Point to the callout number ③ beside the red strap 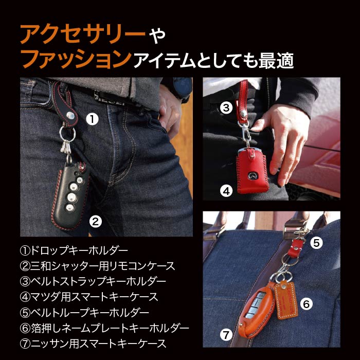pyautogui.click(x=226, y=107)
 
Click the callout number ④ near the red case pyautogui.click(x=226, y=191)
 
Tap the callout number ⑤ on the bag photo pyautogui.click(x=317, y=241)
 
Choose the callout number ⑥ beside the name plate pyautogui.click(x=305, y=304)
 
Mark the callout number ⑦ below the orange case pyautogui.click(x=226, y=335)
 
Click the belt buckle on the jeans pyautogui.click(x=110, y=96)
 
